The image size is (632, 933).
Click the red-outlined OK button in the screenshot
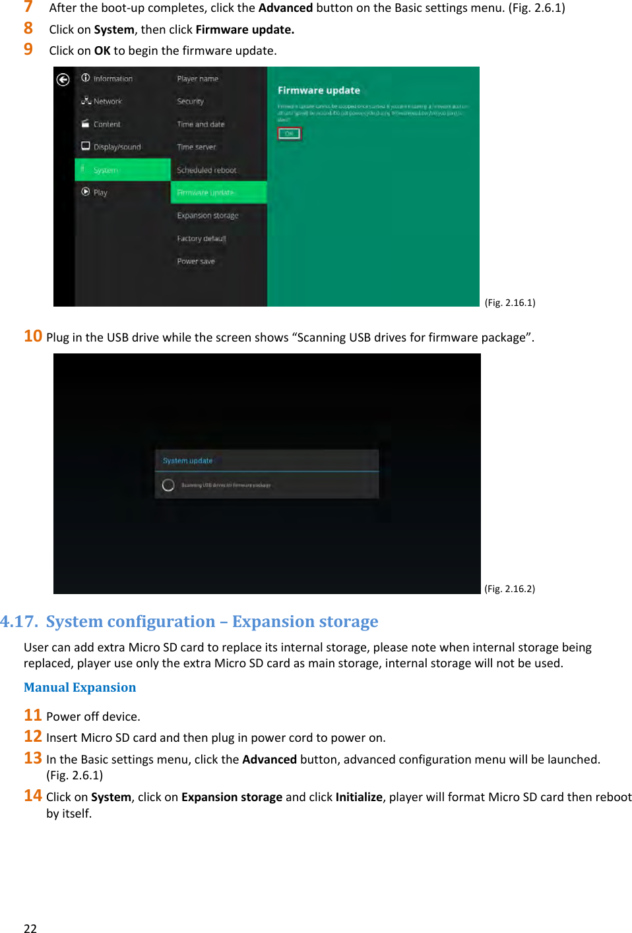click(289, 134)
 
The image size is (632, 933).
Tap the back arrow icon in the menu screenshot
click(63, 80)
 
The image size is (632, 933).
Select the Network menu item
click(107, 102)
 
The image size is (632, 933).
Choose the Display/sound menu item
click(116, 147)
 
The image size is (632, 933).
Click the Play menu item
click(100, 193)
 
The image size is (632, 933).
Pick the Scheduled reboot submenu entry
click(206, 170)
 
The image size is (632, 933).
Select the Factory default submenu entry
click(201, 239)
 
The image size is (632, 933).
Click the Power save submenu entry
click(196, 262)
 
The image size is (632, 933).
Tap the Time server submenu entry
click(197, 147)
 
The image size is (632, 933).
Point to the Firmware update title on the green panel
click(319, 90)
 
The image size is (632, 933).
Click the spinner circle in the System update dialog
click(168, 485)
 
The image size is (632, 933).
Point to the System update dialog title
click(188, 461)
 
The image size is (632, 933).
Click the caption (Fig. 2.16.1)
click(510, 303)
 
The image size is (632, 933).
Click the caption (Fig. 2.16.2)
click(510, 589)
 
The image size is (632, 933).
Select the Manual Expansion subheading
click(80, 688)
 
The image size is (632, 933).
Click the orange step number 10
click(33, 336)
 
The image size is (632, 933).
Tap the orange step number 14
click(33, 796)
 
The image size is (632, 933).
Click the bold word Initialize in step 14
click(359, 797)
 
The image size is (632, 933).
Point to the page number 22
click(30, 928)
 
